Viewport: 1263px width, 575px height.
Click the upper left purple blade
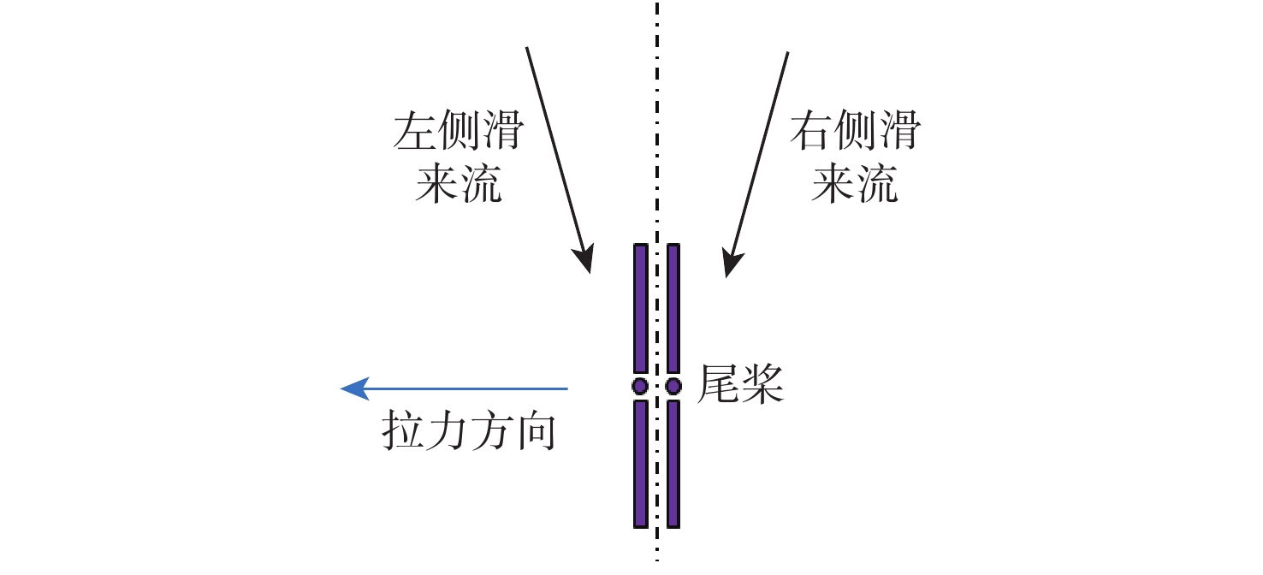pos(640,308)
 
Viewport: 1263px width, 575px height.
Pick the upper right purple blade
pos(673,308)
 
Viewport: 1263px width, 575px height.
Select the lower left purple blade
pos(640,463)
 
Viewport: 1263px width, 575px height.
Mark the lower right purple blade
pos(673,463)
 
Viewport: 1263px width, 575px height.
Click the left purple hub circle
pos(640,386)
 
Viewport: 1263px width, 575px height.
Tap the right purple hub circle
pos(673,386)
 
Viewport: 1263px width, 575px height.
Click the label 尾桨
pos(741,384)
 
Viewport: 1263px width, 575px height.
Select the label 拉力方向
pos(469,433)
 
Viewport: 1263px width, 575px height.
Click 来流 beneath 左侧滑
pos(459,184)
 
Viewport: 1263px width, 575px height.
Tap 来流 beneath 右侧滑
pos(855,184)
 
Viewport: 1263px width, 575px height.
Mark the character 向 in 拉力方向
pos(536,433)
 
